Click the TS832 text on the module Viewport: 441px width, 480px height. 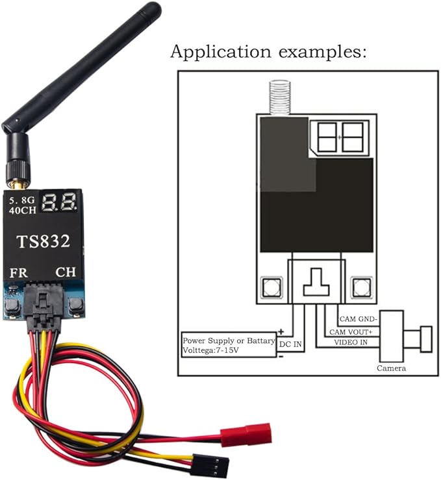point(44,242)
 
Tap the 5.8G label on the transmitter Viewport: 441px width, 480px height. point(21,200)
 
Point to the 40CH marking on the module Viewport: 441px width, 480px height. point(22,211)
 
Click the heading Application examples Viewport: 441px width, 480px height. point(268,53)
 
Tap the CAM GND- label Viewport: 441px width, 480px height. point(359,319)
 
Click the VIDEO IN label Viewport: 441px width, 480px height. point(351,342)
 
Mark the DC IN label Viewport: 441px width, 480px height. point(290,344)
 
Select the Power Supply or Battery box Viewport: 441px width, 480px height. point(228,344)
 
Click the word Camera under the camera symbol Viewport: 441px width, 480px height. point(391,368)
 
